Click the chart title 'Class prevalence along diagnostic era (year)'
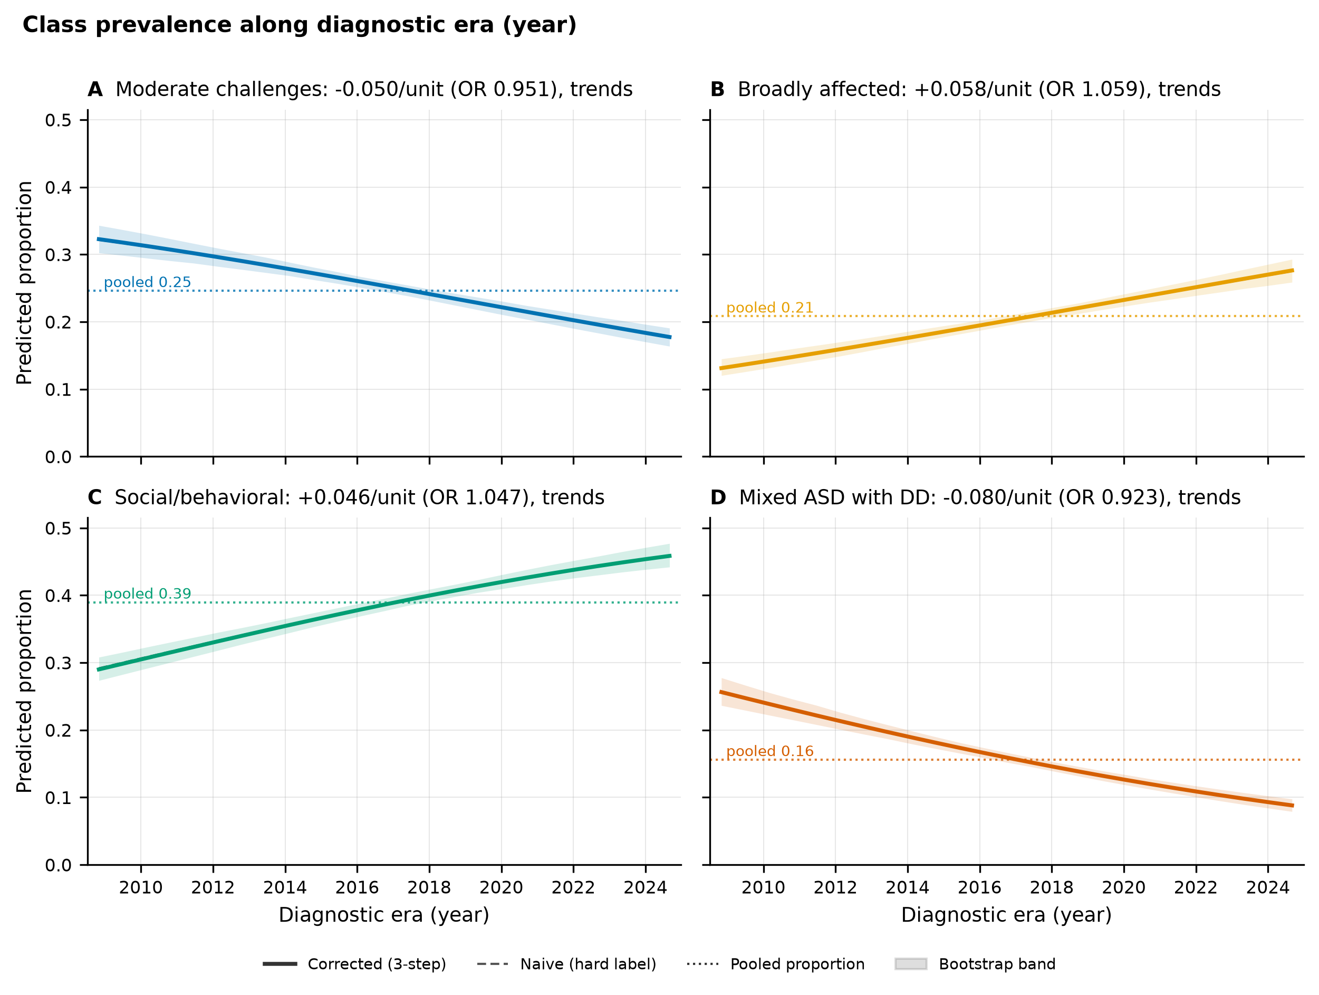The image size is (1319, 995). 300,25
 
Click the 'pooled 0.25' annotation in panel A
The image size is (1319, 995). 147,282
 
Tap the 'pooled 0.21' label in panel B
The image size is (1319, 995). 770,308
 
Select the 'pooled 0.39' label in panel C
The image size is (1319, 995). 147,594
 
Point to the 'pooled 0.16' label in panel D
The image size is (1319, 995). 770,751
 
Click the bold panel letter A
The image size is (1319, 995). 95,90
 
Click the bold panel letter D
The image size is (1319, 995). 718,497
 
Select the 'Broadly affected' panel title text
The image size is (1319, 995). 979,90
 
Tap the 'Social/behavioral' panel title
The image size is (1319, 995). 360,497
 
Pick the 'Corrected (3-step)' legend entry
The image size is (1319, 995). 354,964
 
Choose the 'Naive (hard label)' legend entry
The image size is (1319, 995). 566,964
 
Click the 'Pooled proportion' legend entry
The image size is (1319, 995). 775,964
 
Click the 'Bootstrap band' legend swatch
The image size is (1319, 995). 911,964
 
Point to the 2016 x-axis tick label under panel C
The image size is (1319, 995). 357,887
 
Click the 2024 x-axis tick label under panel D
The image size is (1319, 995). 1268,887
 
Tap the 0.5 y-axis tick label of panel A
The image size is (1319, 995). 58,120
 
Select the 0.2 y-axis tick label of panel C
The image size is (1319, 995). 58,731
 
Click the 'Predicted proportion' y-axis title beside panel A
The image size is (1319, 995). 24,283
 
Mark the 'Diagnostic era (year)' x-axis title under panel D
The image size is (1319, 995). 1007,915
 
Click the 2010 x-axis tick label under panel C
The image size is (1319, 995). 141,887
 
